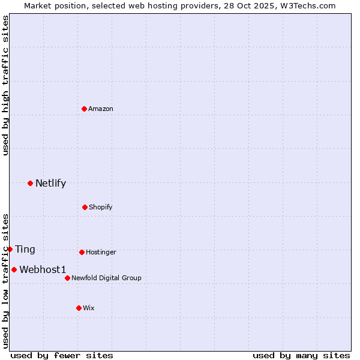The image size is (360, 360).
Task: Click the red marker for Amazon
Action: [x=85, y=109]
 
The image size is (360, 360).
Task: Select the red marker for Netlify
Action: [x=30, y=183]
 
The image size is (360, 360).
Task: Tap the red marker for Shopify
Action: [x=85, y=207]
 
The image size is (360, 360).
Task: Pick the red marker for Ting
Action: [x=10, y=249]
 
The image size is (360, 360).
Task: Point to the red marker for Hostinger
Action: [x=82, y=252]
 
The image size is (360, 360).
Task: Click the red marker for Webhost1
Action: [x=14, y=269]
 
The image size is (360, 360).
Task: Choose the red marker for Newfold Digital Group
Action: [x=67, y=278]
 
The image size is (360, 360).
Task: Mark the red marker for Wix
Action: [x=79, y=308]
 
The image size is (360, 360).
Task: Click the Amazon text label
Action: [x=101, y=109]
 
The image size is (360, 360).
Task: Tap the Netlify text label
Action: [x=50, y=183]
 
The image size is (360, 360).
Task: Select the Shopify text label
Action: [x=100, y=207]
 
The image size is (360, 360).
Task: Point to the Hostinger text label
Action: [x=101, y=252]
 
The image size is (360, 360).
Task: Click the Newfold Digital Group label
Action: [x=106, y=278]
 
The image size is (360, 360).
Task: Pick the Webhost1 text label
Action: [x=43, y=269]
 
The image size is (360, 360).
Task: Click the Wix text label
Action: [x=89, y=308]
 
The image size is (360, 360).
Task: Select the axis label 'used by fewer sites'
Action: [x=62, y=355]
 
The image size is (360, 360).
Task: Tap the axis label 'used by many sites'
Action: [x=301, y=355]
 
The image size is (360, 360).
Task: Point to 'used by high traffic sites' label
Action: [x=5, y=85]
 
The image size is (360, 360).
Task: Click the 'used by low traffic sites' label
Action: [x=5, y=281]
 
